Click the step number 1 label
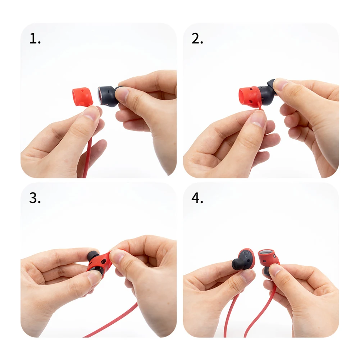tap(35, 38)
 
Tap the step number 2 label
tap(197, 38)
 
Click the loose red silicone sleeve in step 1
tap(82, 96)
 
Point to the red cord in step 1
tap(87, 156)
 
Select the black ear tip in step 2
tap(271, 85)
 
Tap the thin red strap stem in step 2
tap(260, 107)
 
